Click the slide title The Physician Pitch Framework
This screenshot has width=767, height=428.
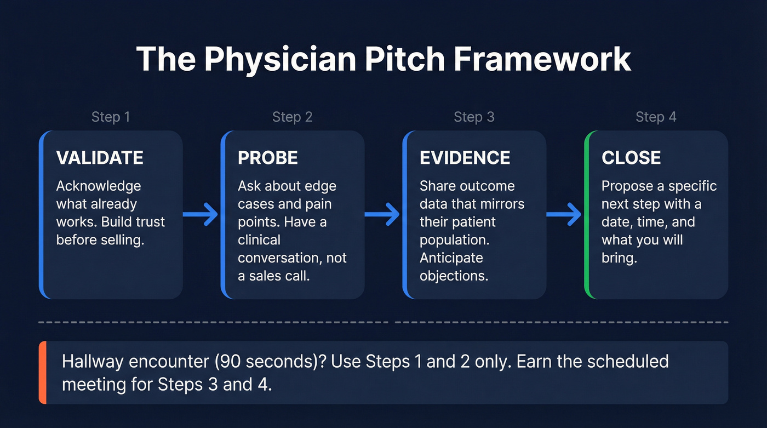tap(383, 59)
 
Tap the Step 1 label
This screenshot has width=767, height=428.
tap(111, 117)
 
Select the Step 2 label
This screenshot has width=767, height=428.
tap(293, 117)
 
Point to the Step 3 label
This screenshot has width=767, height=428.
tap(474, 117)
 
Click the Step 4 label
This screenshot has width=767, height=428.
tap(656, 117)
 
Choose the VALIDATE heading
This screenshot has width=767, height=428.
tap(100, 158)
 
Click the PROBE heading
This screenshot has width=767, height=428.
tap(268, 158)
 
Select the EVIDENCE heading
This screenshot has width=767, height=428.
tap(465, 158)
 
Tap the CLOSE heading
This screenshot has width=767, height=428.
tap(631, 158)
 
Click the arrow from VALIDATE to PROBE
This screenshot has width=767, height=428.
tap(201, 215)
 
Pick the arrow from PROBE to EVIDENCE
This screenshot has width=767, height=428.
tap(382, 215)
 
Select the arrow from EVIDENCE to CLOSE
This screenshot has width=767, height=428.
tap(564, 215)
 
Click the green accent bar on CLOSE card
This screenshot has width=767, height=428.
tap(587, 215)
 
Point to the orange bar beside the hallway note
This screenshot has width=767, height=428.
tap(42, 373)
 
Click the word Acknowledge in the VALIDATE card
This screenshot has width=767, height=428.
tap(99, 186)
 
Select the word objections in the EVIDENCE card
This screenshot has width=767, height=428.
tap(454, 275)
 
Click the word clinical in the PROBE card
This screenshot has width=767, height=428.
tap(259, 239)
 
